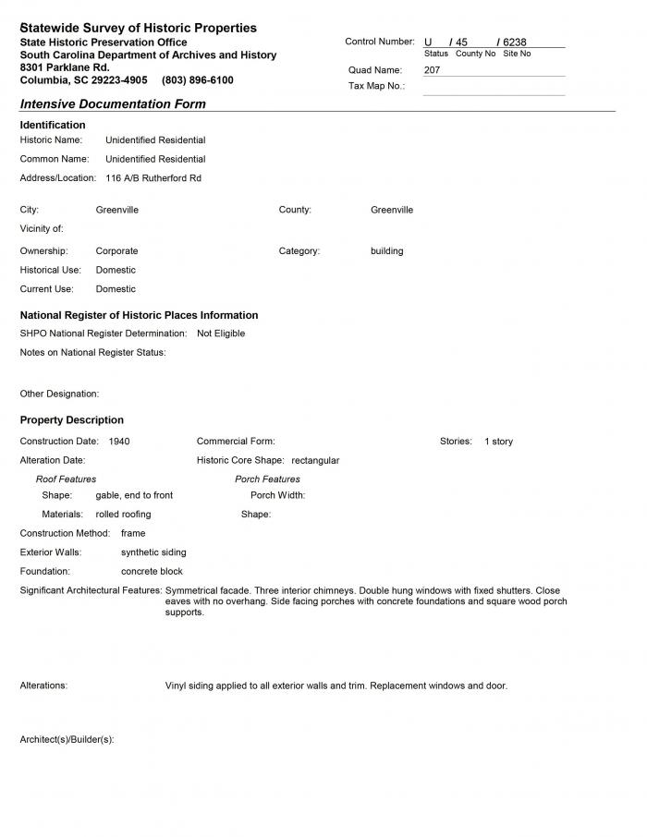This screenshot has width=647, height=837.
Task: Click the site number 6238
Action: click(x=515, y=42)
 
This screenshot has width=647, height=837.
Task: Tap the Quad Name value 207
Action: click(x=433, y=70)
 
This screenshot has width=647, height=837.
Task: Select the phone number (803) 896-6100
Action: click(x=198, y=80)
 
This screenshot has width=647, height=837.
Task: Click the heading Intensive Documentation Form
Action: click(x=113, y=104)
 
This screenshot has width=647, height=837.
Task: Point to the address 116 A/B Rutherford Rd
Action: click(x=153, y=178)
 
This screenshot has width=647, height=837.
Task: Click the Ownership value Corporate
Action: click(x=116, y=251)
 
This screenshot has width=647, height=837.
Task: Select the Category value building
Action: click(x=386, y=251)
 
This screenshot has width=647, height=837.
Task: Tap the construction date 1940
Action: click(x=119, y=442)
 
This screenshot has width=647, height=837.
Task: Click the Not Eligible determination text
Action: click(x=221, y=334)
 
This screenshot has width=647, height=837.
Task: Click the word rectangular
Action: click(x=315, y=460)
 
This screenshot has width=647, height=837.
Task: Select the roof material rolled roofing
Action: click(x=123, y=515)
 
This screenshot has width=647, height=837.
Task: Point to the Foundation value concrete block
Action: click(x=152, y=572)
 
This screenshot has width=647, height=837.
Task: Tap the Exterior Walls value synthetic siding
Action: click(x=153, y=552)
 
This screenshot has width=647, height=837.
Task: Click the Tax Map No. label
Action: click(x=376, y=86)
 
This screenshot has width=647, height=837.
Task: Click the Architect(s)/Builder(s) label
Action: click(x=67, y=740)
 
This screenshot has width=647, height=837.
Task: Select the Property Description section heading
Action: click(x=71, y=420)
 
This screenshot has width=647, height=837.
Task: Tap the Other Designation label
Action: click(x=59, y=394)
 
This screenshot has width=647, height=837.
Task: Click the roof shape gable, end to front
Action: click(x=134, y=495)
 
